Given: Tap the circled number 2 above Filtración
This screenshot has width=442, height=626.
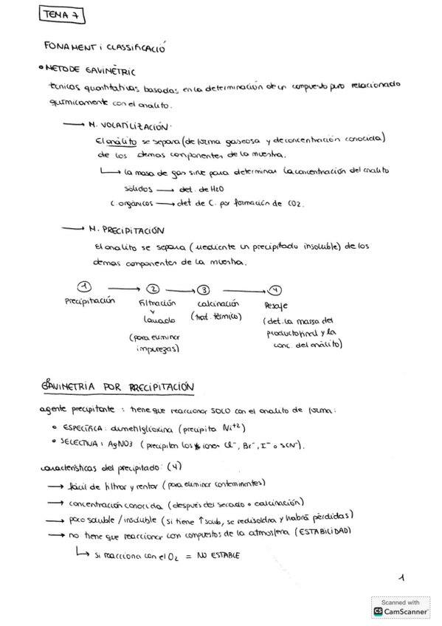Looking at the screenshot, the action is pyautogui.click(x=153, y=289).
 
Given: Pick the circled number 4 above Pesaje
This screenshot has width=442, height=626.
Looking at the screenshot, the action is pyautogui.click(x=275, y=290).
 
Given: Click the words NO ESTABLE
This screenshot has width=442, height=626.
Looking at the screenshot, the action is pyautogui.click(x=219, y=555).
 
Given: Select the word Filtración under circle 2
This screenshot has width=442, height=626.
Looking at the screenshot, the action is pyautogui.click(x=157, y=303).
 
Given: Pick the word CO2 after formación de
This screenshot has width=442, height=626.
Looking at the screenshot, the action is pyautogui.click(x=292, y=203).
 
